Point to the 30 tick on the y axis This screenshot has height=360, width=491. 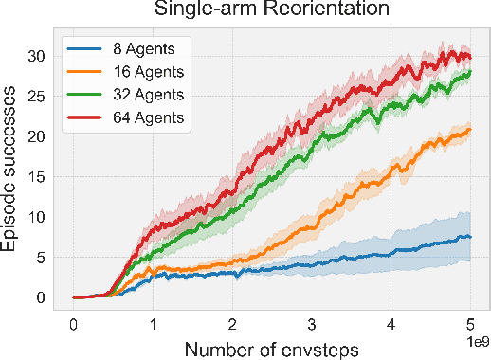37,56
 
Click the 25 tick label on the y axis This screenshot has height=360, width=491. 37,96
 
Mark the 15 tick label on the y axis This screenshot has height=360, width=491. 37,176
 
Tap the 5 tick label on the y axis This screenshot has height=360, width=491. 42,257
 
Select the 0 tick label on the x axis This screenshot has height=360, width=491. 74,324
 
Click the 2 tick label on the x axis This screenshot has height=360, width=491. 233,324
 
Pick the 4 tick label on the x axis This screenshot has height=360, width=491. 391,324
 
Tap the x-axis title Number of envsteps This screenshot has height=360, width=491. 272,348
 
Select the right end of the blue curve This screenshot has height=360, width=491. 470,237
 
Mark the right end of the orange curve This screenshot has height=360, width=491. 470,130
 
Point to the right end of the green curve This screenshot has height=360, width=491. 470,72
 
